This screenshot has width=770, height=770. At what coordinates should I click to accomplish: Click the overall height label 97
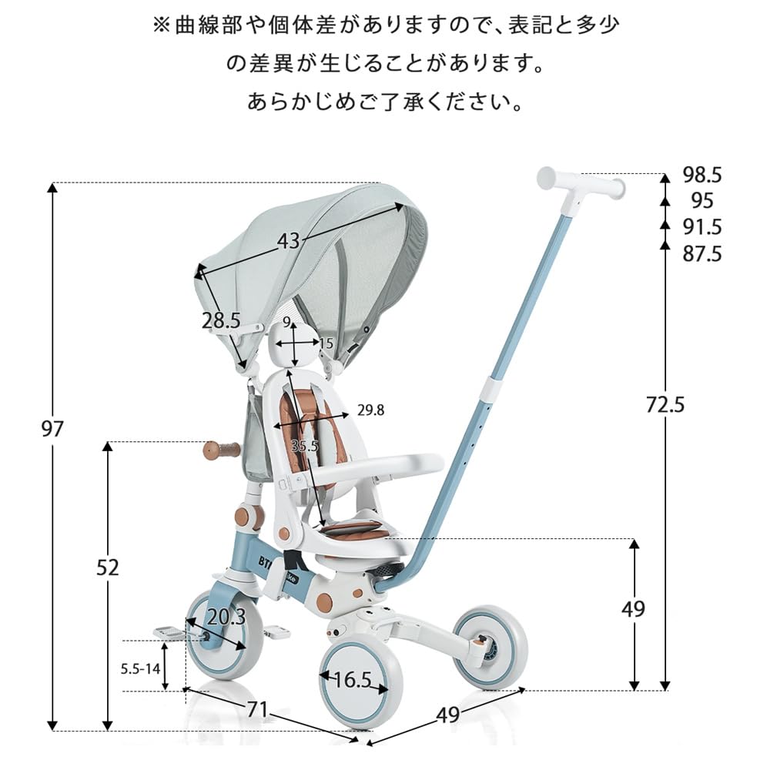[x=52, y=429]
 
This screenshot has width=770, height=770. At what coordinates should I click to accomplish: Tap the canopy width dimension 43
[x=288, y=241]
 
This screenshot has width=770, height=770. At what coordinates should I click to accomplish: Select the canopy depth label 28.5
[x=221, y=321]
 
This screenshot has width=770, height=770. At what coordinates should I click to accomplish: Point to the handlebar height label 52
[x=109, y=567]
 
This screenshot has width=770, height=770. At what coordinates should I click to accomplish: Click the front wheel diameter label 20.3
[x=226, y=617]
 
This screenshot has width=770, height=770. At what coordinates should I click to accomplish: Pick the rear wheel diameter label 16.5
[x=353, y=679]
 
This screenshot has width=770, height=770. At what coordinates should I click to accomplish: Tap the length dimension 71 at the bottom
[x=257, y=709]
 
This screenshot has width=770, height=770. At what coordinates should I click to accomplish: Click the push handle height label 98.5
[x=702, y=175]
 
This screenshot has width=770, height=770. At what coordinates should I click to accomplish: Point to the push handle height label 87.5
[x=702, y=254]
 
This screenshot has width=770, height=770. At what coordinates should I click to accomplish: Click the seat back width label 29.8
[x=370, y=410]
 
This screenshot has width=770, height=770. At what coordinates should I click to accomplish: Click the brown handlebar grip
[x=221, y=450]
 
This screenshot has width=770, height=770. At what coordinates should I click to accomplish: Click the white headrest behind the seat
[x=293, y=342]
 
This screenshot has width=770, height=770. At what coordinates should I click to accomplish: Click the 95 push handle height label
[x=702, y=201]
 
